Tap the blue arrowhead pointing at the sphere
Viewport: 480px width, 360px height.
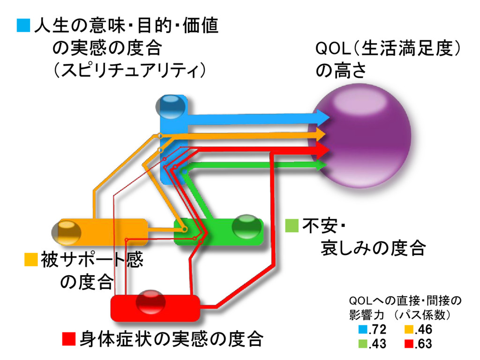click(x=322, y=116)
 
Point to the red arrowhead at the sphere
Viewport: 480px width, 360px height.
click(x=322, y=150)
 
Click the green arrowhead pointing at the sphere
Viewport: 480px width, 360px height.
click(x=322, y=165)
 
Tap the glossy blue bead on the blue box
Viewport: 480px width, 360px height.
click(x=170, y=106)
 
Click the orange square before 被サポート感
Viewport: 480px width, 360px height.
click(x=30, y=259)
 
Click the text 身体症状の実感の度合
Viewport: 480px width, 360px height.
click(x=171, y=338)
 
